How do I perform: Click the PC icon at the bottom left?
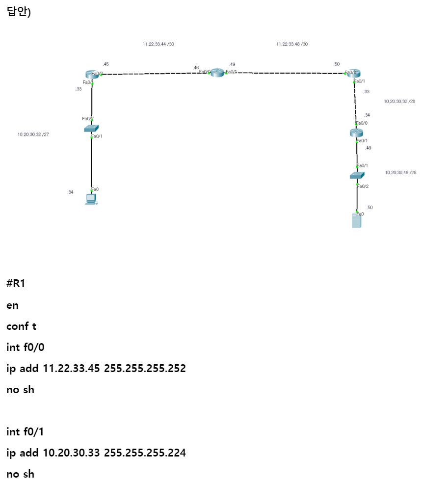(91, 199)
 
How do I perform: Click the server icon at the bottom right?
(356, 221)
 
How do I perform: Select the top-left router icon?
(91, 74)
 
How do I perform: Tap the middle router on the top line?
(217, 73)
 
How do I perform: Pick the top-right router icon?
(353, 74)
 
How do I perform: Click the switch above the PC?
(91, 128)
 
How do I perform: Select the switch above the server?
(357, 175)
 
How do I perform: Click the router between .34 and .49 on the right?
(356, 133)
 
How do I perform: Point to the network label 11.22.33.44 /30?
(158, 44)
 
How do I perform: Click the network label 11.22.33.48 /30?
(292, 44)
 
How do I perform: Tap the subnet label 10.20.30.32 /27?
(33, 134)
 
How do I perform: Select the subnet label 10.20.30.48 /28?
(400, 173)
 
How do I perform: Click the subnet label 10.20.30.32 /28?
(399, 102)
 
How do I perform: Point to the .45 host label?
(105, 64)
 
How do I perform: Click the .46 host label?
(196, 68)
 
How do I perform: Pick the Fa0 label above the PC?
(95, 189)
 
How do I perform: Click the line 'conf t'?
(21, 326)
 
